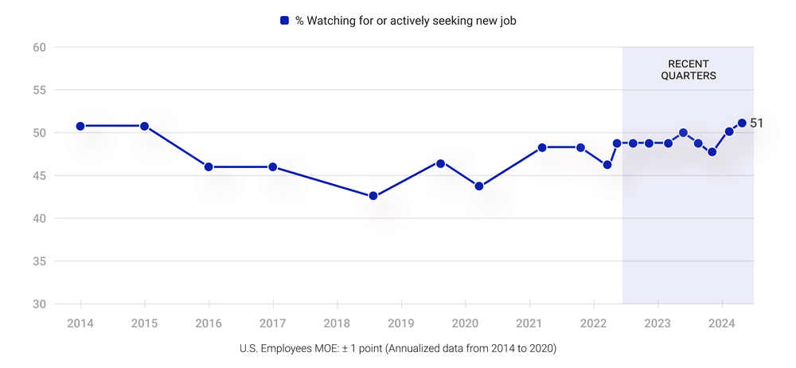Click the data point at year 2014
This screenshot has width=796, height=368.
[x=80, y=126]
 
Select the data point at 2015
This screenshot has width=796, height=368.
[x=144, y=126]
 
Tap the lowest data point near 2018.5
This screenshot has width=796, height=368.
[x=373, y=196]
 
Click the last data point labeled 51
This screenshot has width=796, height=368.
[x=742, y=123]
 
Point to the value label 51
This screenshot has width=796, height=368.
[x=756, y=123]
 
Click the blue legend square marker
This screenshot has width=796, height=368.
[x=284, y=20]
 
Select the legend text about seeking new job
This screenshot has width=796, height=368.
[x=406, y=21]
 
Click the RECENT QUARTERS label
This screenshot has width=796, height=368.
[x=688, y=70]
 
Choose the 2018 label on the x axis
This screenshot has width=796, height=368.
[x=337, y=324]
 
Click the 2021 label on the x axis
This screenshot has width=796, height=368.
[x=529, y=324]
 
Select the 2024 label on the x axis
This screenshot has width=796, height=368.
[x=721, y=324]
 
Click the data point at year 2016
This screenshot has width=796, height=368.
[x=209, y=166]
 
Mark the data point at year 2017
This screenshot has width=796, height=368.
[x=272, y=166]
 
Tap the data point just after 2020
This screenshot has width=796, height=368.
[x=478, y=186]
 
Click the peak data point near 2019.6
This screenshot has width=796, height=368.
[x=440, y=163]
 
